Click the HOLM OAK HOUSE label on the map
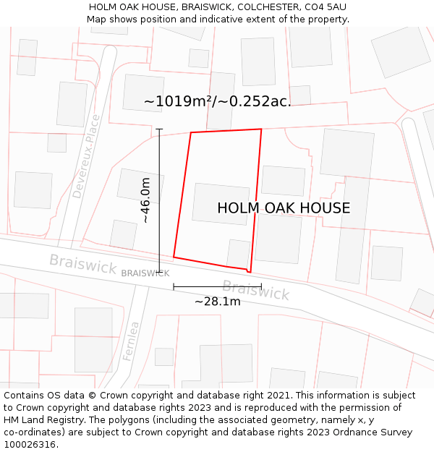pyautogui.click(x=284, y=208)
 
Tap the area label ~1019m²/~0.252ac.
pyautogui.click(x=217, y=102)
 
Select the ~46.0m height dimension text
pyautogui.click(x=145, y=200)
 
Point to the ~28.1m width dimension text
pyautogui.click(x=217, y=302)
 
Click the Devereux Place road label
pyautogui.click(x=86, y=156)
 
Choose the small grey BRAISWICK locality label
pyautogui.click(x=145, y=273)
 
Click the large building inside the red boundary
pyautogui.click(x=221, y=204)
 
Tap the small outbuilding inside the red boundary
pyautogui.click(x=238, y=253)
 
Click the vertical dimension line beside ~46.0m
pyautogui.click(x=159, y=217)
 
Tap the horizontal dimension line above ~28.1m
pyautogui.click(x=217, y=287)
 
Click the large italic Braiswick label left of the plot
pyautogui.click(x=82, y=264)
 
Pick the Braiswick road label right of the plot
pyautogui.click(x=255, y=290)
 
